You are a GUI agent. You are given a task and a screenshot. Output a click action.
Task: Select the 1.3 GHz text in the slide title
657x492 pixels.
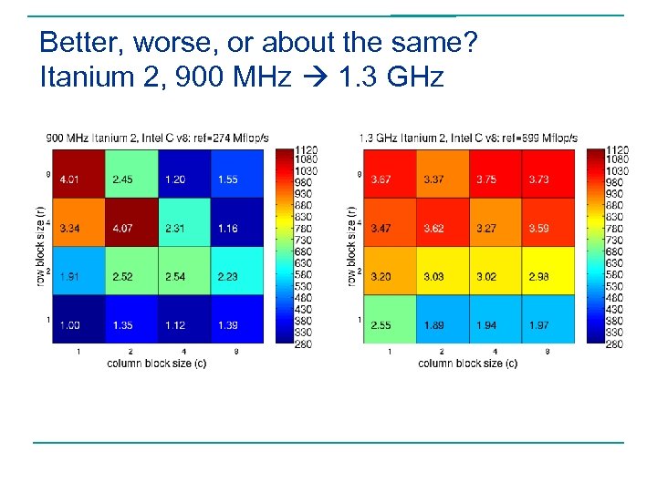click(x=390, y=77)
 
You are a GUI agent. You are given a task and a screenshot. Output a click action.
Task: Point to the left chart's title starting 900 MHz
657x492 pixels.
click(x=157, y=138)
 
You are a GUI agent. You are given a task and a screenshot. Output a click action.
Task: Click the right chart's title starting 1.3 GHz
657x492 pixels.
click(x=468, y=138)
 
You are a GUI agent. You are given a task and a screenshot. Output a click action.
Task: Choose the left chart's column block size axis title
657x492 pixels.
click(x=156, y=364)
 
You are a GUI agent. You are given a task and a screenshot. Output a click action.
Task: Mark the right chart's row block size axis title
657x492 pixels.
click(x=351, y=245)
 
